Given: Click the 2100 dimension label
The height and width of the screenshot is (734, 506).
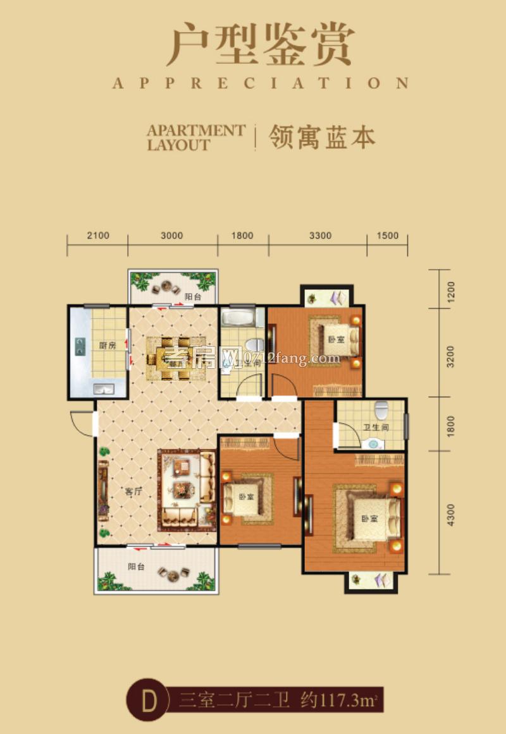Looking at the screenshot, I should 98,236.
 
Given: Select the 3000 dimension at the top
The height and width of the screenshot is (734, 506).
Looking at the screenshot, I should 171,236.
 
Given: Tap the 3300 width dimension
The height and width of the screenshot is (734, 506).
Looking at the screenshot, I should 321,236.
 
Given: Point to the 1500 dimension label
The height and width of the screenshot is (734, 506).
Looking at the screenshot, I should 387,236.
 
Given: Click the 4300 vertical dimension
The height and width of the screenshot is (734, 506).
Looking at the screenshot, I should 451,513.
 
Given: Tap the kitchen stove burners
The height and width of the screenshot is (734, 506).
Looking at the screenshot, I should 80,346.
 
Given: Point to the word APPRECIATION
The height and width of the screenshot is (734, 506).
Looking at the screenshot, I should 260,83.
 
